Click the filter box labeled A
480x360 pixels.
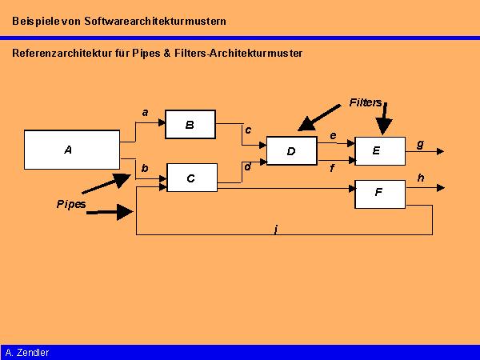tap(71, 149)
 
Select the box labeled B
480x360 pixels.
tap(190, 124)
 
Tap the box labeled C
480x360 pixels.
tap(191, 178)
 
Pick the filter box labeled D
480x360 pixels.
tap(291, 150)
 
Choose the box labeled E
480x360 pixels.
tap(380, 150)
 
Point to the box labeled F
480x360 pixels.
tap(380, 193)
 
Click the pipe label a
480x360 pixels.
tap(145, 113)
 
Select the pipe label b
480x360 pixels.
tap(145, 169)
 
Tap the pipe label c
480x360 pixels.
tap(248, 130)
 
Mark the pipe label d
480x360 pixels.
tap(247, 166)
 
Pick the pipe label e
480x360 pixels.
tap(333, 136)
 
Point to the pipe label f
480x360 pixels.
tap(332, 169)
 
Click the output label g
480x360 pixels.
tap(420, 143)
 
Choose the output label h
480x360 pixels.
tap(421, 178)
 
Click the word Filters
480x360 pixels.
tap(366, 102)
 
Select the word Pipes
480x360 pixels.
tap(71, 204)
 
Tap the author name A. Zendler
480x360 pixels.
tap(27, 352)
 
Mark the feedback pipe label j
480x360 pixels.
tap(275, 230)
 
